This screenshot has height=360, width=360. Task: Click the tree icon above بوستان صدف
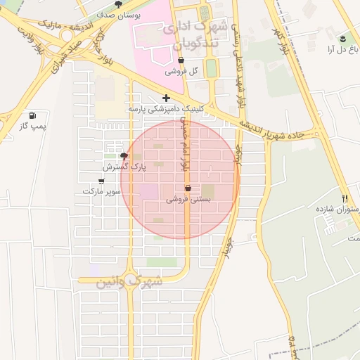pyautogui.click(x=117, y=5)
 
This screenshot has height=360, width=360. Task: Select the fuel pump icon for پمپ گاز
pyautogui.click(x=32, y=115)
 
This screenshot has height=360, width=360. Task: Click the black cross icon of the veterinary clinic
pyautogui.click(x=166, y=98)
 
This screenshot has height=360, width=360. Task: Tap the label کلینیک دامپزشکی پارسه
pyautogui.click(x=166, y=110)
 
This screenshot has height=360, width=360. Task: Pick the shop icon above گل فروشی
pyautogui.click(x=172, y=61)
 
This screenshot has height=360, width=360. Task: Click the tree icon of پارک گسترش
pyautogui.click(x=124, y=156)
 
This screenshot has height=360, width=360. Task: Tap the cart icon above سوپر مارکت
pyautogui.click(x=101, y=181)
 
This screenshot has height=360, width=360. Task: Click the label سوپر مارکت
pyautogui.click(x=102, y=191)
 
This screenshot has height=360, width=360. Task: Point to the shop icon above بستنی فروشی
pyautogui.click(x=188, y=188)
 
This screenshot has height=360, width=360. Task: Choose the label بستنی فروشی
pyautogui.click(x=188, y=200)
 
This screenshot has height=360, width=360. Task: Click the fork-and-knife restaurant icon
pyautogui.click(x=345, y=199)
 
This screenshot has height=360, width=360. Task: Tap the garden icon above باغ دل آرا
pyautogui.click(x=342, y=39)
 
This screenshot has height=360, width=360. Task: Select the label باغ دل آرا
pyautogui.click(x=340, y=49)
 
